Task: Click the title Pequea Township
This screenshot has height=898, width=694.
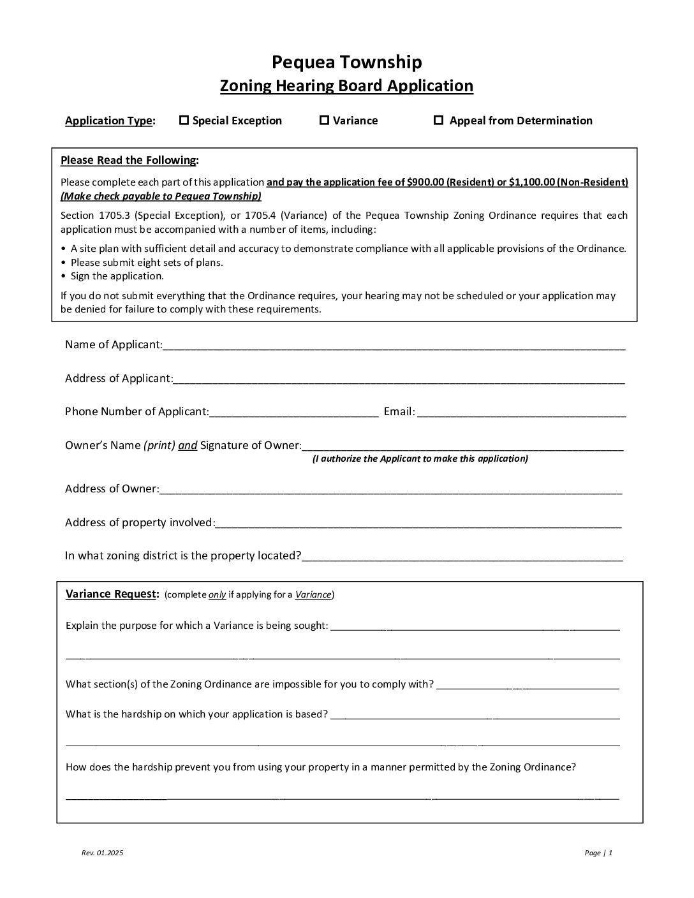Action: click(346, 62)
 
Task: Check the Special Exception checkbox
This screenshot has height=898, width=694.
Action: click(184, 120)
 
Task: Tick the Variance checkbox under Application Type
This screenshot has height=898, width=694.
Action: click(324, 120)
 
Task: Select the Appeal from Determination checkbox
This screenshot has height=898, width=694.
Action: click(438, 120)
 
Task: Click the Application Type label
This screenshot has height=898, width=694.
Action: click(110, 121)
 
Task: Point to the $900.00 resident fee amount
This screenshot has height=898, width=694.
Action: click(425, 182)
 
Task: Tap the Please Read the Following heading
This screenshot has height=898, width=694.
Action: click(129, 160)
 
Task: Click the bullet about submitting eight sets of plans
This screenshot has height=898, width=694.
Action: click(146, 262)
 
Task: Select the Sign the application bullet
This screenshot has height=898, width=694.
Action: click(117, 276)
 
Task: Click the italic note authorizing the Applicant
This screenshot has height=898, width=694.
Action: click(420, 459)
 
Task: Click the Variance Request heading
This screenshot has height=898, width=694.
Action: click(112, 594)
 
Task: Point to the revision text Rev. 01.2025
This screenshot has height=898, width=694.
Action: click(102, 853)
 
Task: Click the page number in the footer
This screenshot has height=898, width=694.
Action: click(598, 853)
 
